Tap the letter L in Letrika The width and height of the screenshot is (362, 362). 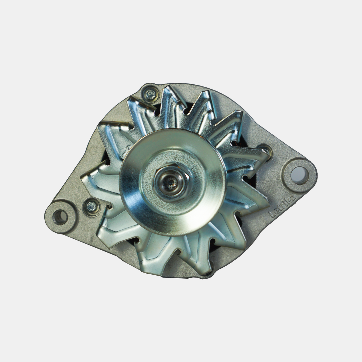coord(271,214)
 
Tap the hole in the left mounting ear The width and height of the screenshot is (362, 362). coord(61,215)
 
